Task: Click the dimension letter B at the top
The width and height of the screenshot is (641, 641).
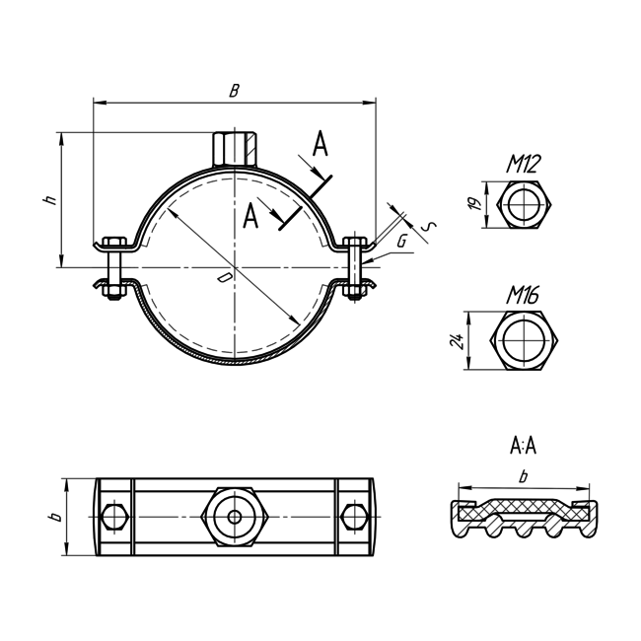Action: pyautogui.click(x=234, y=91)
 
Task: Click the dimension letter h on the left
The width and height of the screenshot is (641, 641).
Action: pyautogui.click(x=49, y=199)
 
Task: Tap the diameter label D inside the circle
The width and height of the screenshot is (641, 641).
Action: pyautogui.click(x=225, y=279)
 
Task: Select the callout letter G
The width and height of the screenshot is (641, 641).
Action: pyautogui.click(x=402, y=241)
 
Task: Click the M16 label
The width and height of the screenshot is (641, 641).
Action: pyautogui.click(x=524, y=295)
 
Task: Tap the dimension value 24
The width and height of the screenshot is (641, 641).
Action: pyautogui.click(x=456, y=341)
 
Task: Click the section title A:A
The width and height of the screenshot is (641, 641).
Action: pyautogui.click(x=523, y=447)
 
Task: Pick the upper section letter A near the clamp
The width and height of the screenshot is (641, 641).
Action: pyautogui.click(x=319, y=146)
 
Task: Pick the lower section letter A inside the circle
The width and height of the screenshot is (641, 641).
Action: pyautogui.click(x=251, y=215)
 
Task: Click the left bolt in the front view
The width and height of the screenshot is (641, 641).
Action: pyautogui.click(x=111, y=267)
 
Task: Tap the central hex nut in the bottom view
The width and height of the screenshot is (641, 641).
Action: pyautogui.click(x=234, y=515)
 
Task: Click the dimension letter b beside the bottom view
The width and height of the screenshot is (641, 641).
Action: pyautogui.click(x=56, y=515)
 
